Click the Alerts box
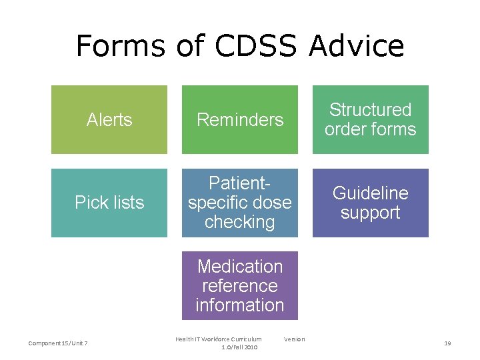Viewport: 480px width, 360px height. coord(109,120)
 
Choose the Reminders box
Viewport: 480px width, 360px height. coord(240,120)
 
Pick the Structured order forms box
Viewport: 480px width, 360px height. coord(371,120)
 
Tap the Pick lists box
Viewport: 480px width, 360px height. coord(109,203)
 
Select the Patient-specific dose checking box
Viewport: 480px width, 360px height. coord(240,203)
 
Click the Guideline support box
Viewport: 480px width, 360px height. coord(371,203)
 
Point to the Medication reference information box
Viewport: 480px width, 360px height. coord(240,285)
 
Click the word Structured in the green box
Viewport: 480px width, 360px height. coord(371,110)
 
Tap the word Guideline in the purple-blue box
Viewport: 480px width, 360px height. coord(371,193)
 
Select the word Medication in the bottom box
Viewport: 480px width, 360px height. coord(240,267)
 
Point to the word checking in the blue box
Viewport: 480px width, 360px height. coord(240,222)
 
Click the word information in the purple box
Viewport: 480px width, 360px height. coord(240,305)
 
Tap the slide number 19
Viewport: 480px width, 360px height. coord(447,343)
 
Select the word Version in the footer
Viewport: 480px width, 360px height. coord(294,339)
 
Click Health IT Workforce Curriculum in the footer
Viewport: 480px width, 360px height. coord(219,339)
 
